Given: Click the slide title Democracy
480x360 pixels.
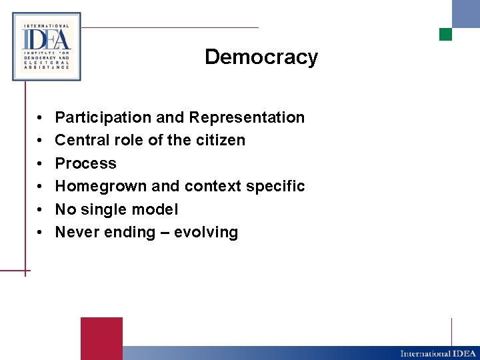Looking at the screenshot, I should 261,57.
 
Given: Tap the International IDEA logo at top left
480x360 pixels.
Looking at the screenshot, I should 47,47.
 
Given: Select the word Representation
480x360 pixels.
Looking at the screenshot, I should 247,118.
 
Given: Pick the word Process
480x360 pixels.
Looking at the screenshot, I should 85,164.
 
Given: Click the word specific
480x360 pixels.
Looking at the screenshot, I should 275,187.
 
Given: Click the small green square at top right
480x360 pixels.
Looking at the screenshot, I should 445,34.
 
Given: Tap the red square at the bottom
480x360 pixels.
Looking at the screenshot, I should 101,338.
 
